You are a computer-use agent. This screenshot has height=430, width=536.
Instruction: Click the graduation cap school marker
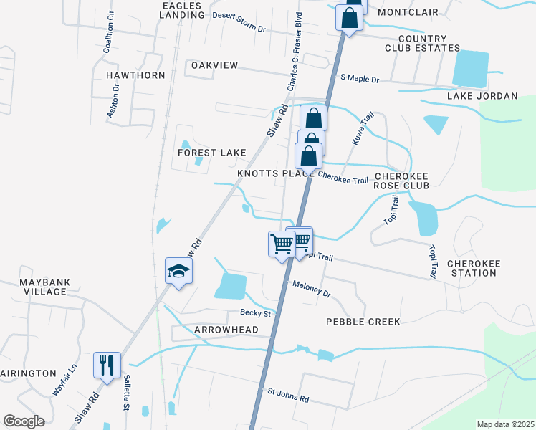click(178, 271)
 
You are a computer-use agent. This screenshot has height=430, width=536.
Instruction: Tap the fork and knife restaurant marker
click(107, 365)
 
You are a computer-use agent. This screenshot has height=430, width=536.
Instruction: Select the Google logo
click(24, 421)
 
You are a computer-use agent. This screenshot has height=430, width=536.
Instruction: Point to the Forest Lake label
click(212, 153)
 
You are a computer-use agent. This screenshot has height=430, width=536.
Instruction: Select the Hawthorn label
click(135, 75)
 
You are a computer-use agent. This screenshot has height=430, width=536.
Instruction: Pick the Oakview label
click(214, 65)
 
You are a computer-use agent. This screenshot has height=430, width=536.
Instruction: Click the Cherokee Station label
click(473, 268)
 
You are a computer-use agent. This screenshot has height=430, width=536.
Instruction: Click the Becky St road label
click(256, 313)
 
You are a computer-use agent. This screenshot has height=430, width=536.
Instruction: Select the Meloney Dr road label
click(312, 288)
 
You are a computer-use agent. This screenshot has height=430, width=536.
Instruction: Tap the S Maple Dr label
click(359, 77)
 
